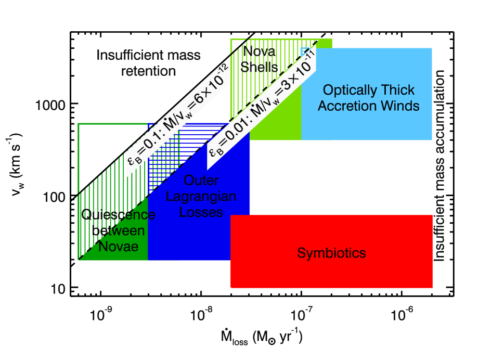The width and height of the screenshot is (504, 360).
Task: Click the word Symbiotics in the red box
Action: [331, 253]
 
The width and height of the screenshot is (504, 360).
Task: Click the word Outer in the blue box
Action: [201, 181]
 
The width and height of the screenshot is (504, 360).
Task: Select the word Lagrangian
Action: [201, 197]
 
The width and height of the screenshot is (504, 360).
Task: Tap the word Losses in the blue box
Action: [201, 212]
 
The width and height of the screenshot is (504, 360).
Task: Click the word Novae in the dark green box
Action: [119, 246]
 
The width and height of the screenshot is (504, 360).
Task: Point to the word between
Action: [119, 230]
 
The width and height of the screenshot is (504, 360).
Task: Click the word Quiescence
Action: [119, 214]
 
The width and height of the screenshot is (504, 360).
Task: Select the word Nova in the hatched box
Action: [260, 52]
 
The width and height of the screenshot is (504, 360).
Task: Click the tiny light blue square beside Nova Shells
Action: [306, 51]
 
